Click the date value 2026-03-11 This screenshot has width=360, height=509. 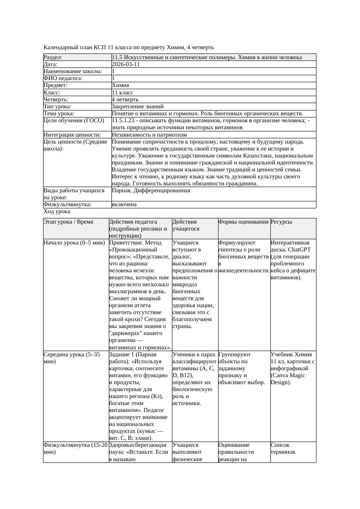[126, 64]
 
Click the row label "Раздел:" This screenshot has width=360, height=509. [53, 57]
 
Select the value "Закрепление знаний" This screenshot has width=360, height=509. [138, 106]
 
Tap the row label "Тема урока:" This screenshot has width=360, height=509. [59, 113]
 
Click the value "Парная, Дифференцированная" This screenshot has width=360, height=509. [151, 191]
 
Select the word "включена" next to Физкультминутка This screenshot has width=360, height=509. [124, 204]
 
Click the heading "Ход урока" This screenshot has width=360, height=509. [57, 211]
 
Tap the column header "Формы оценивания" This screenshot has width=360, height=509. [243, 222]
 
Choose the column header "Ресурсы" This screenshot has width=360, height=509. [281, 222]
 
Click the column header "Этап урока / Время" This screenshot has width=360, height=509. [68, 222]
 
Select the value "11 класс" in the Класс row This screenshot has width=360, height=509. [122, 92]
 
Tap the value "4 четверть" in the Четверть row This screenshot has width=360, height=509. [125, 99]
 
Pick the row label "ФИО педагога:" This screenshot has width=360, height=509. [63, 78]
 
